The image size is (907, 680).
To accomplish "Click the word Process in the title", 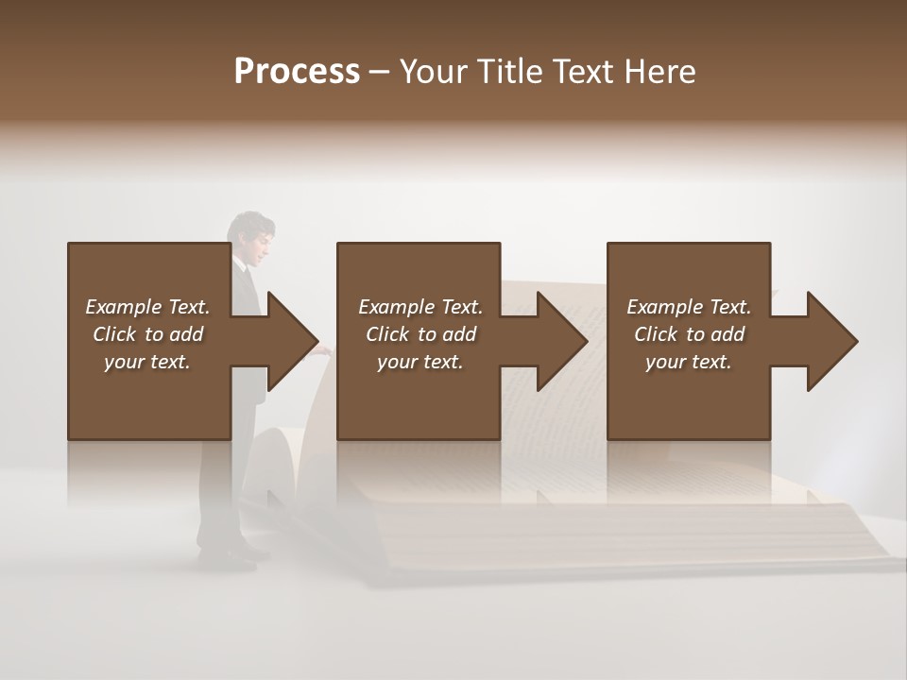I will [297, 72].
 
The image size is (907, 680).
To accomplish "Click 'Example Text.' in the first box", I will [147, 307].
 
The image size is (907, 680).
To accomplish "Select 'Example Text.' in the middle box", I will [420, 307].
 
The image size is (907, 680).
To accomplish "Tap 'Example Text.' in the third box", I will [689, 307].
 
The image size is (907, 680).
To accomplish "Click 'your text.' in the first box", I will [147, 362].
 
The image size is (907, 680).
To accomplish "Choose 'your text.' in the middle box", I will [420, 362].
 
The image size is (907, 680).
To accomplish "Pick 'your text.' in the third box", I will [689, 362].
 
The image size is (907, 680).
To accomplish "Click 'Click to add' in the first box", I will [147, 334].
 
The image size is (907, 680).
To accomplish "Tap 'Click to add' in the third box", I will [689, 334].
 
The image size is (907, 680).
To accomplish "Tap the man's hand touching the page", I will [324, 348].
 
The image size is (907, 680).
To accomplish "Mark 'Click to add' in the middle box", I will [420, 334].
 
